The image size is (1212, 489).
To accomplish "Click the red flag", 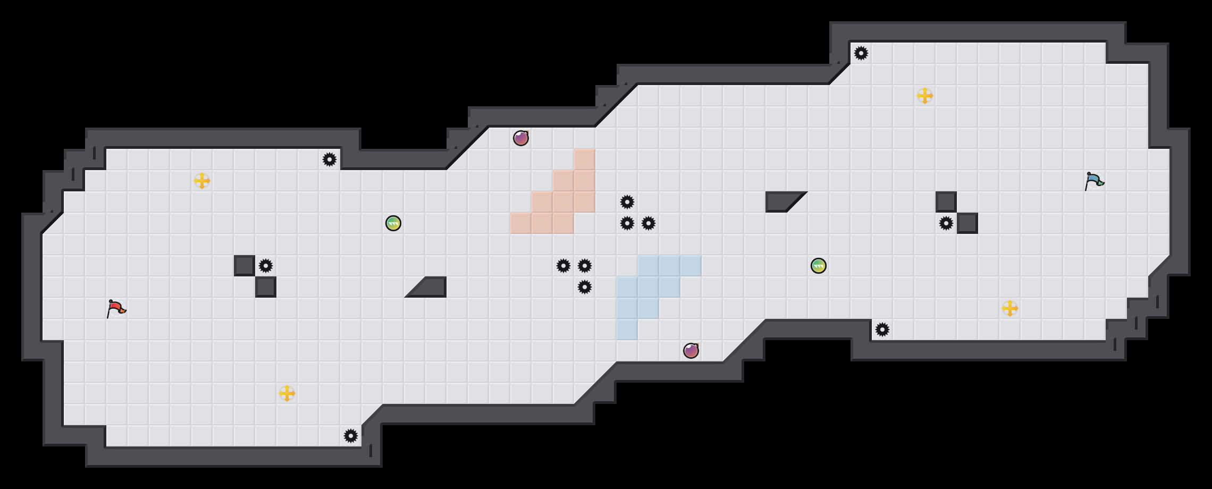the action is (116, 308).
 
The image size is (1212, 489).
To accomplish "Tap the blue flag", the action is (1094, 181).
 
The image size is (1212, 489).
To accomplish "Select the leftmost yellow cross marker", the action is (202, 181).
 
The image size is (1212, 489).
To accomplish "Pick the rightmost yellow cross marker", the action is (1010, 308).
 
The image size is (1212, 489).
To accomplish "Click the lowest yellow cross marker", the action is (287, 393).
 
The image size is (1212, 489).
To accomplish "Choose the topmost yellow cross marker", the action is (925, 96).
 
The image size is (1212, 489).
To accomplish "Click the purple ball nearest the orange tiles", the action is (521, 138).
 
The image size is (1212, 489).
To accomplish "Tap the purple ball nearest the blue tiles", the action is (691, 351).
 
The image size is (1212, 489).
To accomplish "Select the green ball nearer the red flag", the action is (393, 223).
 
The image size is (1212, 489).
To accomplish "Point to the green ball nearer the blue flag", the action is (819, 266).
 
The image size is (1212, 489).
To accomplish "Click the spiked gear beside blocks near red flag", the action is (266, 266).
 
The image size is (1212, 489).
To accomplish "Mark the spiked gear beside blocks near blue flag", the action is (946, 223).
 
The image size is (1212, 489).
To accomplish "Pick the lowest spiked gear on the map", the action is (351, 436).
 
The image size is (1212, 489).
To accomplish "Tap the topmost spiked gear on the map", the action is (861, 53).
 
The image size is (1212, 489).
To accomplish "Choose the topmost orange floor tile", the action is (585, 159).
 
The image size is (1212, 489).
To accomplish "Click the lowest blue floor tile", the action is (627, 330).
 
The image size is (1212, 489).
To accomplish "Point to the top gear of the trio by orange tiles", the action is (627, 202).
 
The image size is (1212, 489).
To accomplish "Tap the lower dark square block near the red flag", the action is (266, 287).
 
